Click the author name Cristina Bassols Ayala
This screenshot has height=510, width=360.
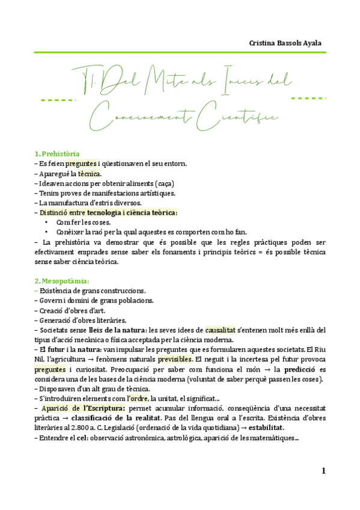286,43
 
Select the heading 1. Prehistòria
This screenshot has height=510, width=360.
57,154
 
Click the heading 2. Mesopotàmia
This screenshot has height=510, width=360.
62,281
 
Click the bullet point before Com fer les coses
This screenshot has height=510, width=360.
46,223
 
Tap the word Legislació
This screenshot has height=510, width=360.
134,428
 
